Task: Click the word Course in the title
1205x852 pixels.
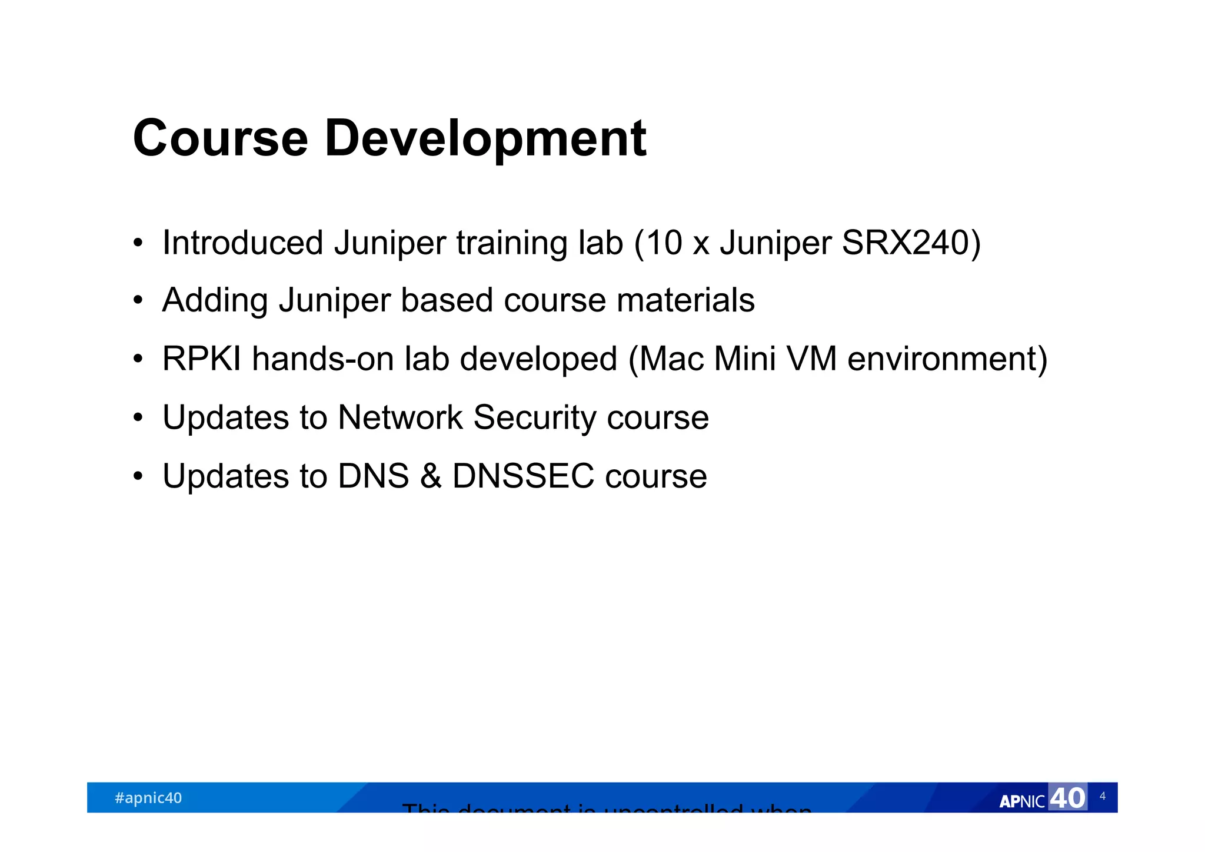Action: point(220,139)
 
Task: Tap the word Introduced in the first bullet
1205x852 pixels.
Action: point(242,243)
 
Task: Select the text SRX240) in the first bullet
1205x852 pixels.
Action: point(911,243)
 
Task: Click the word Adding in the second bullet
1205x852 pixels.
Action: point(215,300)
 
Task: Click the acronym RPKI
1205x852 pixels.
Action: point(201,359)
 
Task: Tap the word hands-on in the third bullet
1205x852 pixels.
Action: point(322,359)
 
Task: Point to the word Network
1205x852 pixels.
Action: point(400,417)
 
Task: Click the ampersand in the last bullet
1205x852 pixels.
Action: point(431,476)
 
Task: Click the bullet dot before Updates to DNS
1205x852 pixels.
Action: point(138,476)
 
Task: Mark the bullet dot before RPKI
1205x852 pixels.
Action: point(138,359)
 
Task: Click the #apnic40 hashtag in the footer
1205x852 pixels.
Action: point(148,798)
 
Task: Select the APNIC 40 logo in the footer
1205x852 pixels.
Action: point(1042,799)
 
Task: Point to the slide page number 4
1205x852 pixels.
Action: point(1102,796)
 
